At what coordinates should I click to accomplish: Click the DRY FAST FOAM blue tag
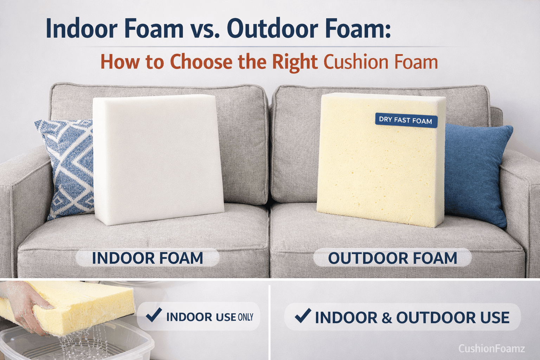[x=406, y=120]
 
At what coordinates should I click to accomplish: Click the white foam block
[x=158, y=160]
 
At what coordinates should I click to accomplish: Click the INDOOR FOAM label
[x=147, y=258]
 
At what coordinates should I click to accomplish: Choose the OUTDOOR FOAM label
[x=392, y=258]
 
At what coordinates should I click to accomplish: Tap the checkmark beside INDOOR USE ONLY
[x=154, y=315]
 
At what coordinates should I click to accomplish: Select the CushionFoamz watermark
[x=491, y=348]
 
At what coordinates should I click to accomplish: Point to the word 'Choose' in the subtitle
[x=201, y=62]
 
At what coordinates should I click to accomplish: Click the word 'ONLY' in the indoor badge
[x=245, y=317]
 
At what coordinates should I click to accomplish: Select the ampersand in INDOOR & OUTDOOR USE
[x=386, y=318]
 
